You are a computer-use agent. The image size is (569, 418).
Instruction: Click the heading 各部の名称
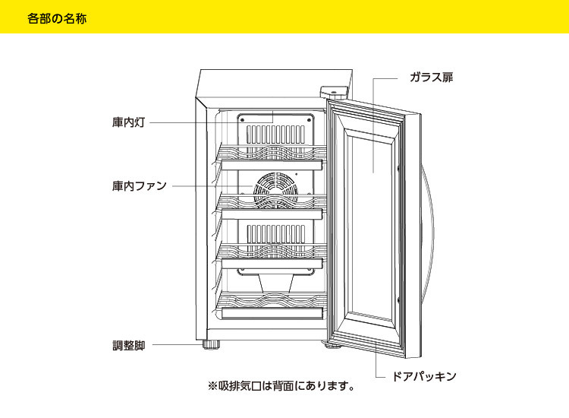(56, 17)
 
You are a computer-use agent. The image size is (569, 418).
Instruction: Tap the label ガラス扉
(431, 78)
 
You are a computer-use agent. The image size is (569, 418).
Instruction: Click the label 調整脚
(128, 345)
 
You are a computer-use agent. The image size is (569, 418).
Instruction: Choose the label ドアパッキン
(426, 376)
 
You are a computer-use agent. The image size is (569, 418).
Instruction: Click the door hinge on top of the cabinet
(337, 91)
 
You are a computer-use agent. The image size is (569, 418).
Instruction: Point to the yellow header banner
(284, 17)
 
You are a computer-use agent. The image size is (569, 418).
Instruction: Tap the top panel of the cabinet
(273, 81)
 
